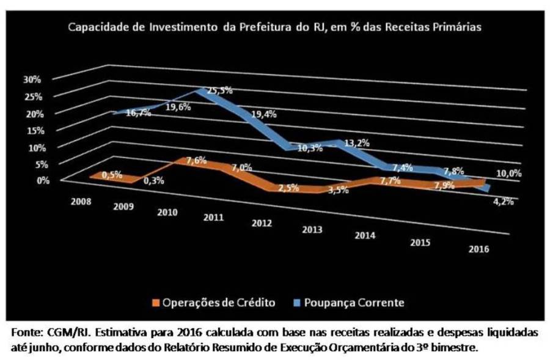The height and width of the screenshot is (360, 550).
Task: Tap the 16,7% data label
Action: (138, 113)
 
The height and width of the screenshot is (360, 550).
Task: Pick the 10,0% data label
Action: (508, 173)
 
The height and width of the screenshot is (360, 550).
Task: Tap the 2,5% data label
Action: (287, 188)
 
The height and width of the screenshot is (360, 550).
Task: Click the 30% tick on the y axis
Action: (32, 79)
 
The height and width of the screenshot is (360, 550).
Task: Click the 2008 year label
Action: (82, 201)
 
